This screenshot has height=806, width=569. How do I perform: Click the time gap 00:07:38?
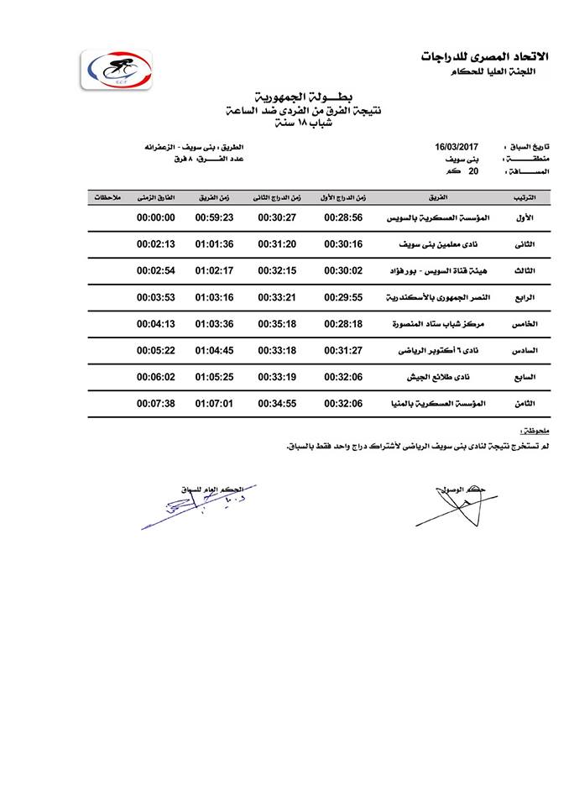[155, 403]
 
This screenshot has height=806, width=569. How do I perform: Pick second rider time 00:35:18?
[275, 323]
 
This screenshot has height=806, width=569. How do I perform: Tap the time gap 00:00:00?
[155, 217]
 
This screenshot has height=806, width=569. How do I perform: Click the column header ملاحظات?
[106, 197]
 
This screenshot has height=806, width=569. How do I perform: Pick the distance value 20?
[473, 170]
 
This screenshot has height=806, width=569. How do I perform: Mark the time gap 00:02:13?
[155, 244]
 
